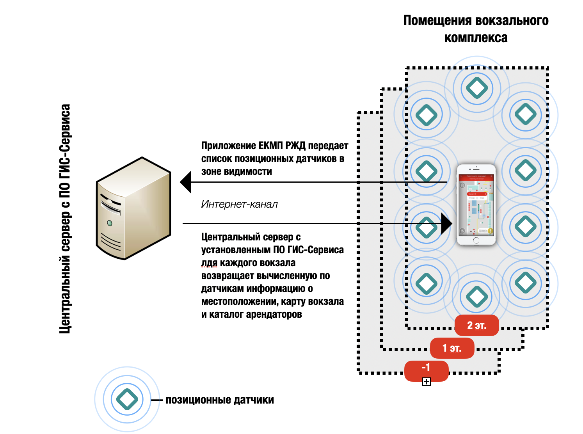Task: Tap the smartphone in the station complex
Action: [476, 205]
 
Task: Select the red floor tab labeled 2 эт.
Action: [476, 325]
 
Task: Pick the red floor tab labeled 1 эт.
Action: [452, 348]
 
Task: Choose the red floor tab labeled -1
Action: [426, 369]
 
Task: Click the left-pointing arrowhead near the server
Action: [186, 182]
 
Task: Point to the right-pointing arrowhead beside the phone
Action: [446, 224]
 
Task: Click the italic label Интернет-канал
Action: [239, 204]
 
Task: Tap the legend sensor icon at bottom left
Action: [127, 399]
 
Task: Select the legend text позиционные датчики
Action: [220, 400]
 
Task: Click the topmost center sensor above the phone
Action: [477, 88]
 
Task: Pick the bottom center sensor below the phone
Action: [476, 297]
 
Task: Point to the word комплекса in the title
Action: [476, 38]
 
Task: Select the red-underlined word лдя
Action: [209, 263]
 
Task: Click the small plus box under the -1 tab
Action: [427, 382]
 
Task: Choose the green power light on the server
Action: [110, 223]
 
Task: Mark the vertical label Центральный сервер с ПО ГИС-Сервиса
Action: [65, 219]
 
